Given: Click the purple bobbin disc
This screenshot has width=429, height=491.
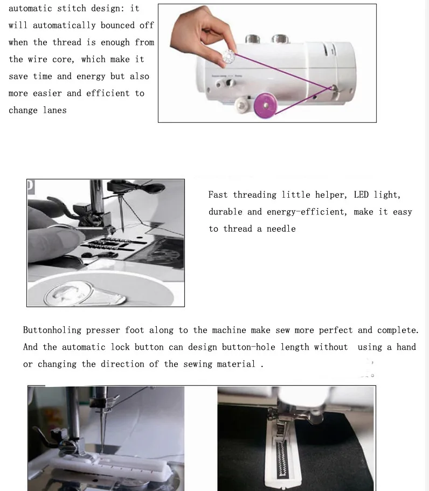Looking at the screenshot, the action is (x=266, y=105).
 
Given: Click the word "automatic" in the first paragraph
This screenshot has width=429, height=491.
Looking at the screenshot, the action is (x=30, y=9).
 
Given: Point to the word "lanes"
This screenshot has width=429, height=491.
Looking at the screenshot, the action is (x=55, y=110).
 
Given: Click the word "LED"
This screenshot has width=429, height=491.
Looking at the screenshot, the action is (x=361, y=195).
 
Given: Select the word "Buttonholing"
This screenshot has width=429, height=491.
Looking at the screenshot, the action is (x=52, y=330).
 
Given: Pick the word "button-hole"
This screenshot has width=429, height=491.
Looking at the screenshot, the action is (x=248, y=347).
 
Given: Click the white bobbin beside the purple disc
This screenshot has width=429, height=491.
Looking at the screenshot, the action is (x=243, y=105).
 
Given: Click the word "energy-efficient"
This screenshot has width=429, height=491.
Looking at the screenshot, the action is (x=307, y=212).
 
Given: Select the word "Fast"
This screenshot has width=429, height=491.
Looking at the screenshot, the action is (x=218, y=195).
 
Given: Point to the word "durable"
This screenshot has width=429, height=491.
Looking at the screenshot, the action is (x=225, y=212).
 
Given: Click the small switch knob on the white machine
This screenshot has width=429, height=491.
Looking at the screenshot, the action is (x=231, y=83).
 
